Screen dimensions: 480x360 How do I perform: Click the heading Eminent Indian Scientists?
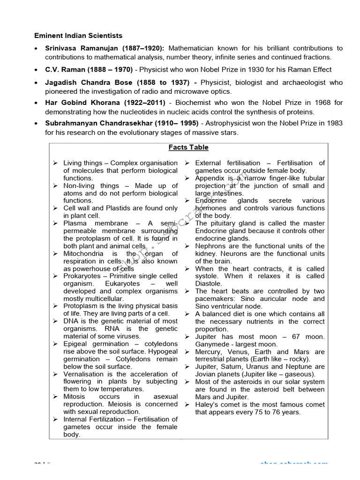coord(78,36)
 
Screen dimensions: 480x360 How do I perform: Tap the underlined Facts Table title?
coord(188,147)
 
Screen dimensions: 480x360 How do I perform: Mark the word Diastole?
coord(209,284)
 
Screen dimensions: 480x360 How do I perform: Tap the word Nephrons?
coord(210,246)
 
